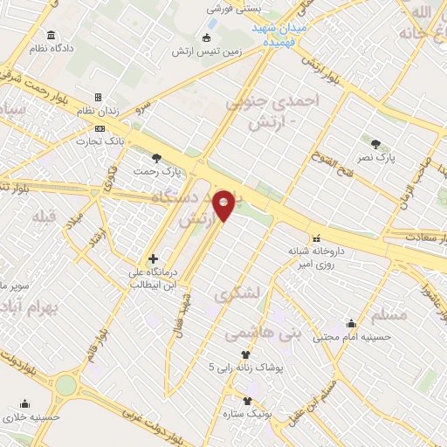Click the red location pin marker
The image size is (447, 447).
pos(224,204)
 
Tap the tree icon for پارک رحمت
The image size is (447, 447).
pos(156,158)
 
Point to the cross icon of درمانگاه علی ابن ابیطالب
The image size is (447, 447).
pos(154,258)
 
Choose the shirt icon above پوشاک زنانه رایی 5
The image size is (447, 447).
pos(245,354)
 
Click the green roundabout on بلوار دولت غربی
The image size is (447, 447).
pos(65,384)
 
